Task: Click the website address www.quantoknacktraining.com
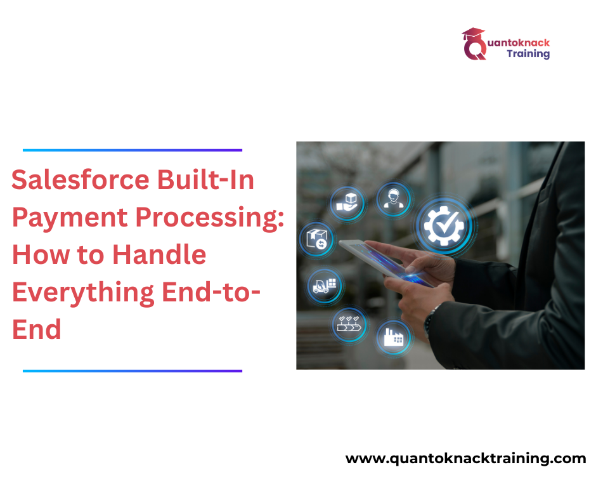465,459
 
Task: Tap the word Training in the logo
528,55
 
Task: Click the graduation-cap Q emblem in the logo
474,44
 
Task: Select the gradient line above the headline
133,150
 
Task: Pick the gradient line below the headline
133,371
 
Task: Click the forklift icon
326,286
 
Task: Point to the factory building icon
393,337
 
